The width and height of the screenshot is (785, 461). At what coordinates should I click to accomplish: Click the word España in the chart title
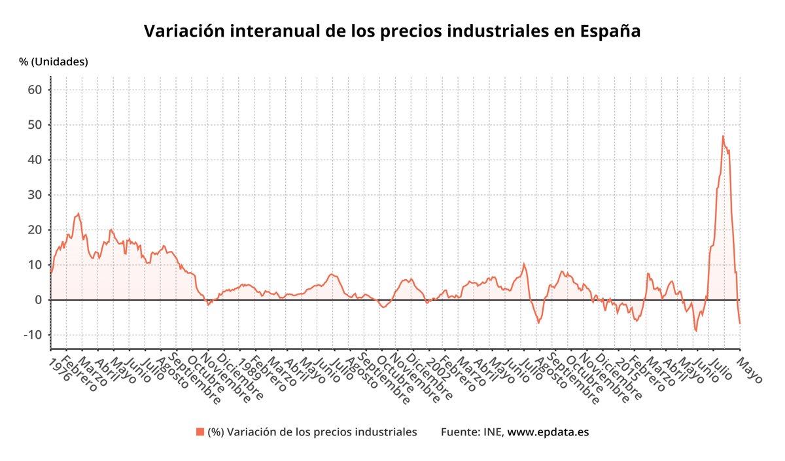pos(610,31)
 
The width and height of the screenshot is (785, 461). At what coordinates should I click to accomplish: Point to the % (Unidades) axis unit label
pos(53,62)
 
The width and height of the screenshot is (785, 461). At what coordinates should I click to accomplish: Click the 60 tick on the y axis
pos(36,90)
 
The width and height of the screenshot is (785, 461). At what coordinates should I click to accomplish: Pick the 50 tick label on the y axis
pos(36,125)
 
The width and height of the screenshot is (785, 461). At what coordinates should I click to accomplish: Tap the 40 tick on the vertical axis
pos(36,160)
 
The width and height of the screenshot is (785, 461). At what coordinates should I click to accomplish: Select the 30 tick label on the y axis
pos(36,195)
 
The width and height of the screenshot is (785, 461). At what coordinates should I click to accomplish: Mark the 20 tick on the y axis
pos(36,230)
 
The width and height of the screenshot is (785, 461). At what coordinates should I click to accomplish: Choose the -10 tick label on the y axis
pos(33,335)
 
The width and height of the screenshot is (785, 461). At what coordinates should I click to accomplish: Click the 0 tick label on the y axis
pos(39,299)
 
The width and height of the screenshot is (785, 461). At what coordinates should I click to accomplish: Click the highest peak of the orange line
pos(723,136)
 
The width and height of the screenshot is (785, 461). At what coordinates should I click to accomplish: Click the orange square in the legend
pos(200,432)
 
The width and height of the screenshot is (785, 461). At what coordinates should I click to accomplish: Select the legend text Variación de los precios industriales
pos(312,432)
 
